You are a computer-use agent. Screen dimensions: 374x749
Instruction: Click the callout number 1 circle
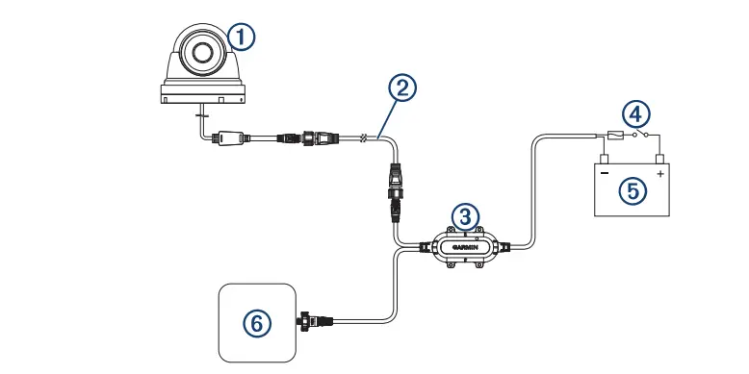242,37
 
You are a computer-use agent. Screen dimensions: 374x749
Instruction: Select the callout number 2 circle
403,87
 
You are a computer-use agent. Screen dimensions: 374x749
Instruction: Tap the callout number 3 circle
465,215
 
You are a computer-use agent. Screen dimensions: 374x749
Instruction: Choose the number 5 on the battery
632,189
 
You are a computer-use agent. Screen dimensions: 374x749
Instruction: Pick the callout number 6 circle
255,323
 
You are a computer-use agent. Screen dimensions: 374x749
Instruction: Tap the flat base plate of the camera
203,94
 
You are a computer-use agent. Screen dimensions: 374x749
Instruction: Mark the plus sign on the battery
660,175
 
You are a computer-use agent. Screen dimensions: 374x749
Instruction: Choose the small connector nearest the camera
228,137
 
